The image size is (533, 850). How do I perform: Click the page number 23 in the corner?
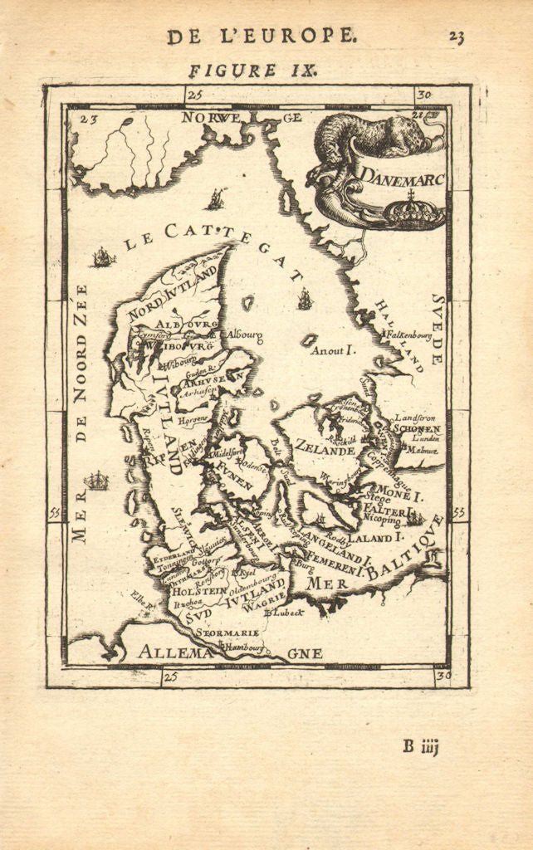coord(456,36)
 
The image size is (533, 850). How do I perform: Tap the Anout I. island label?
coord(333,351)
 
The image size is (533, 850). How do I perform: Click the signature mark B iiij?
coord(420,745)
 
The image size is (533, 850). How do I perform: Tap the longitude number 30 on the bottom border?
coord(443,677)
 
